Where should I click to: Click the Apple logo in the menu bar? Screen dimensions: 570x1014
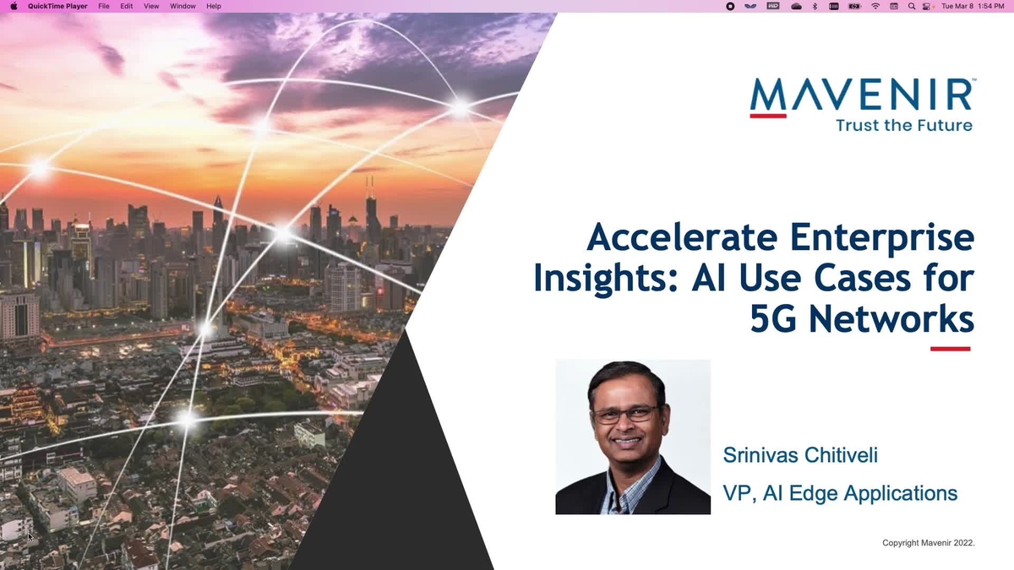coord(14,6)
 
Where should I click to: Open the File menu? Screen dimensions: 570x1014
coord(104,6)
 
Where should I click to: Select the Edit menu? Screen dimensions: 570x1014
coord(127,6)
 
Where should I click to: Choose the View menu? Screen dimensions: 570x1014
coord(151,6)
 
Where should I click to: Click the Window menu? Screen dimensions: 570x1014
coord(183,6)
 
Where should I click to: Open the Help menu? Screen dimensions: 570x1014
coord(214,6)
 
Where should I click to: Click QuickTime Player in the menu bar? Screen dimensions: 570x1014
coord(57,6)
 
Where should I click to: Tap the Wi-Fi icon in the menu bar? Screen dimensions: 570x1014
coord(875,6)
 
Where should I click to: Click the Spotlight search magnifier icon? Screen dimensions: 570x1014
coord(912,6)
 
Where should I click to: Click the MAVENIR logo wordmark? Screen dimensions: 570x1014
coord(861,95)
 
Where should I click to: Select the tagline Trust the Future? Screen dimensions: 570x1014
coord(903,125)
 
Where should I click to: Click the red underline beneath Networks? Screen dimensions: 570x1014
coord(950,348)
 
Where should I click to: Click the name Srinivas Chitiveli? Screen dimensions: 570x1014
coord(800,456)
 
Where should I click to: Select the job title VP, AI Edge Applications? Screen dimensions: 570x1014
coord(840,493)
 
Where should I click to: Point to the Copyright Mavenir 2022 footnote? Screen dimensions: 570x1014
coord(928,543)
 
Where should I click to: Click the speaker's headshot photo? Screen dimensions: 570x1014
coord(633,437)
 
